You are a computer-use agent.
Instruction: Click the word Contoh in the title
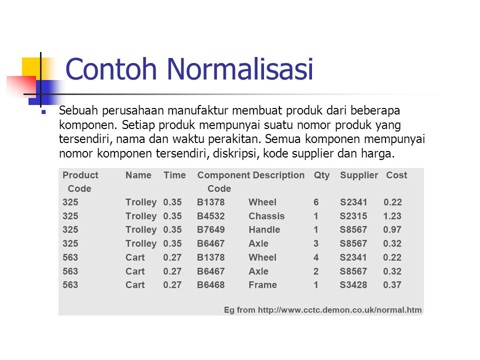coord(111,69)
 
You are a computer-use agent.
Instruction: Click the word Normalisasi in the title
coord(239,69)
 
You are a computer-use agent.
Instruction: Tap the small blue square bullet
coord(44,112)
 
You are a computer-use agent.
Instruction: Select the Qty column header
coord(321,175)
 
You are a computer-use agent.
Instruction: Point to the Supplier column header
coord(359,175)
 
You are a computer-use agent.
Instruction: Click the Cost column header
coord(396,175)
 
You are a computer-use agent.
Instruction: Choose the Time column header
coord(174,175)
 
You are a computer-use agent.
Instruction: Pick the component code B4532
coord(210,216)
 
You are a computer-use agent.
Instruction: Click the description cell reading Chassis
coord(266,216)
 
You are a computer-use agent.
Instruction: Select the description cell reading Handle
coord(264,229)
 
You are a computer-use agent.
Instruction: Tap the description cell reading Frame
coord(262,285)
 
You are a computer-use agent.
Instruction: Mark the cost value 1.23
coord(392,216)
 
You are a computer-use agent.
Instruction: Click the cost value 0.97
coord(392,229)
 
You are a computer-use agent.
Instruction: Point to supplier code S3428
coord(353,285)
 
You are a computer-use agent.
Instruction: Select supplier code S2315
coord(353,216)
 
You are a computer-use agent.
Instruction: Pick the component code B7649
coord(210,229)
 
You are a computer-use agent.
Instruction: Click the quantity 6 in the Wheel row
coord(316,202)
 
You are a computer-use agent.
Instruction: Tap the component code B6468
coord(210,285)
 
